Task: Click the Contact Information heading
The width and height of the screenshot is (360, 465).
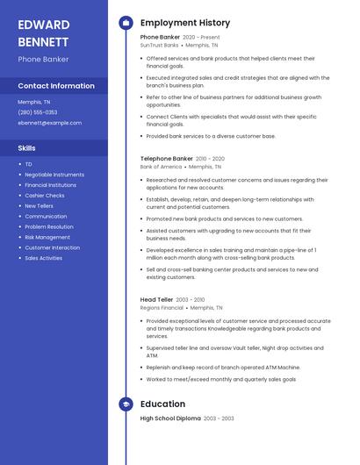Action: (x=56, y=86)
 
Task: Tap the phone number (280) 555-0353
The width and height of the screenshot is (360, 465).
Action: (x=38, y=112)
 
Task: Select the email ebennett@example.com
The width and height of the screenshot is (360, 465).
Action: (x=50, y=123)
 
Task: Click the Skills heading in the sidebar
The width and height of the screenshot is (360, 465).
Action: (x=27, y=148)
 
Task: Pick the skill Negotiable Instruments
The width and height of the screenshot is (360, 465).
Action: (x=54, y=175)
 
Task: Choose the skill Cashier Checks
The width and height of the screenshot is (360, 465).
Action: (x=45, y=196)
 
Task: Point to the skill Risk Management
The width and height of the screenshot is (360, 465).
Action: (x=47, y=237)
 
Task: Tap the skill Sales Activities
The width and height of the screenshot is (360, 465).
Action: (x=44, y=258)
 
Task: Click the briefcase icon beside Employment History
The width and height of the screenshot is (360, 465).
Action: (x=126, y=23)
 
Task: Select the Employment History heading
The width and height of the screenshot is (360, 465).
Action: (x=185, y=23)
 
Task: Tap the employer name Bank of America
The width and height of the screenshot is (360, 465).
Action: (x=161, y=166)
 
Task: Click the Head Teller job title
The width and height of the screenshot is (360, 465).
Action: (x=157, y=300)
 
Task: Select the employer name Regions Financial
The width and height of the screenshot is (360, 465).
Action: (x=162, y=308)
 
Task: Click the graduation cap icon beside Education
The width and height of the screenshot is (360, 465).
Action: (x=126, y=404)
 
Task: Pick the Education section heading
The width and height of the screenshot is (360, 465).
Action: (x=162, y=404)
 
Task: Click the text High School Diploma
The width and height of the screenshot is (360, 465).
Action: (x=170, y=418)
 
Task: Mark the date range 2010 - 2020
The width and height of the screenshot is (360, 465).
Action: (x=211, y=159)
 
